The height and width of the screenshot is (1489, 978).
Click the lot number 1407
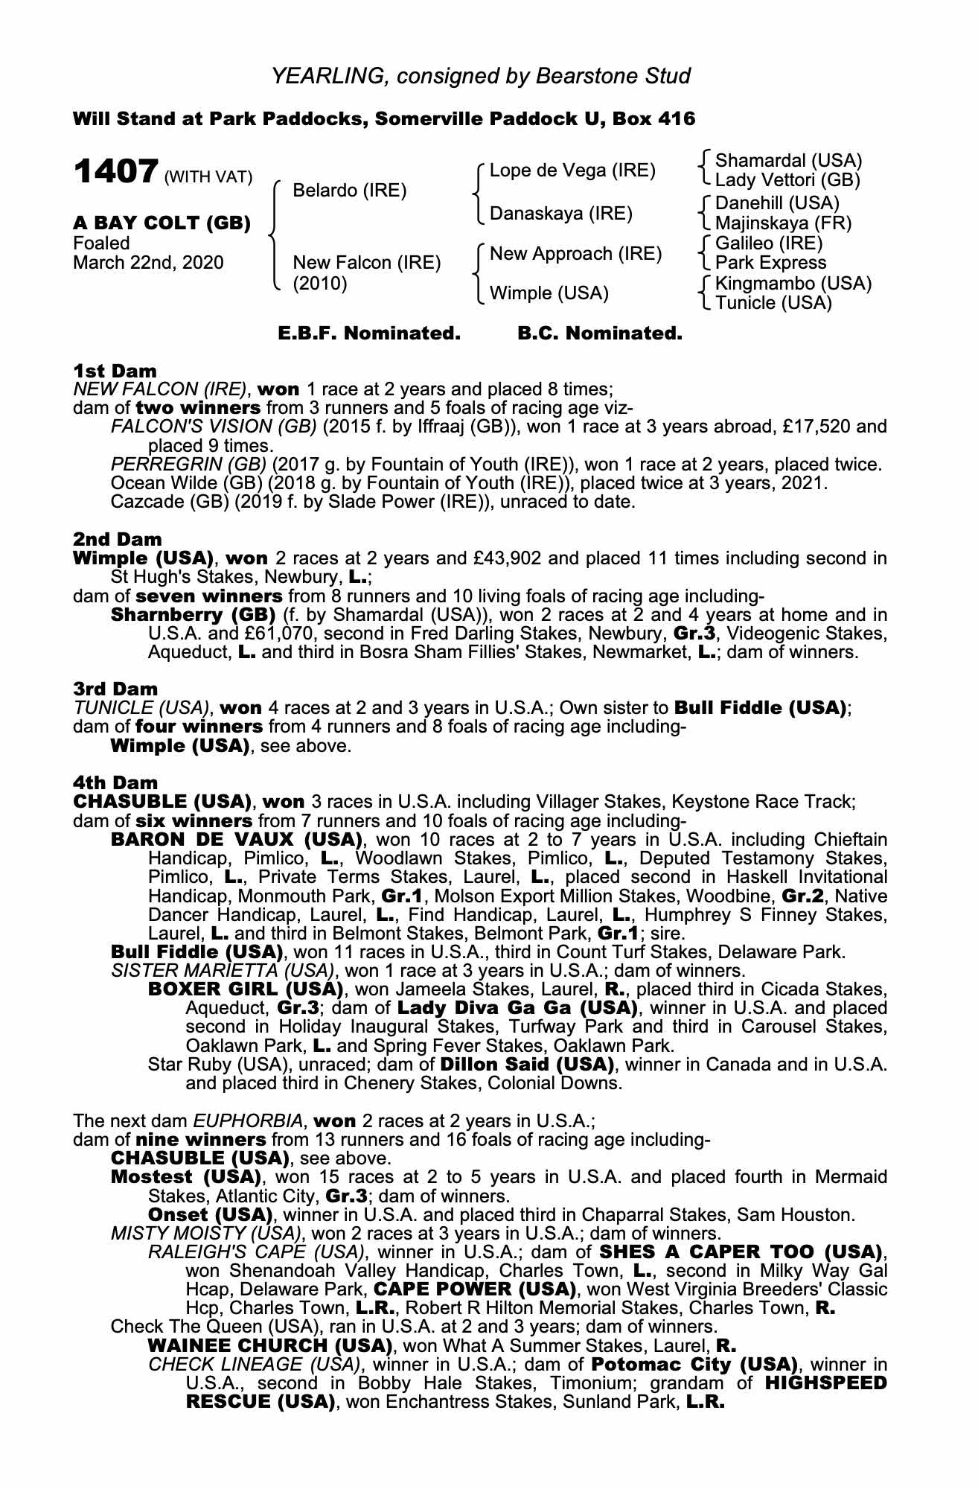pos(115,173)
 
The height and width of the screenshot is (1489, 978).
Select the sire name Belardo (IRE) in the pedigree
pos(349,191)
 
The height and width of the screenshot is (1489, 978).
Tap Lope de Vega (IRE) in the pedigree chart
pos(572,170)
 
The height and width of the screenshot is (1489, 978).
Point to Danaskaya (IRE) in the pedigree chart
pos(560,214)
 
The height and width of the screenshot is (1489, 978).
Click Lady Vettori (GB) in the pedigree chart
pos(787,180)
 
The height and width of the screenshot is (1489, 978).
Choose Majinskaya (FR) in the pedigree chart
pos(783,223)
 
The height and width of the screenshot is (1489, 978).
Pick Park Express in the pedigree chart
pos(770,263)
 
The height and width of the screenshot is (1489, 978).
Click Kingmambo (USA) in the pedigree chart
pos(793,284)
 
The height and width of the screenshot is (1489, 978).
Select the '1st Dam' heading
pos(115,371)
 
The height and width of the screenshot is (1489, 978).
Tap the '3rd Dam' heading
pos(115,689)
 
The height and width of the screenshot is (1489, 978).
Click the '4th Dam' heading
pos(115,782)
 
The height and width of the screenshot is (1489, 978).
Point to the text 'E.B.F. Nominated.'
pos(369,334)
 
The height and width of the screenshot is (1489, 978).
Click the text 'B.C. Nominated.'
pos(599,334)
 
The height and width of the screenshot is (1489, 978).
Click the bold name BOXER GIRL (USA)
pos(246,989)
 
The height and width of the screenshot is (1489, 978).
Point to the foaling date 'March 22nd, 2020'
pos(148,263)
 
